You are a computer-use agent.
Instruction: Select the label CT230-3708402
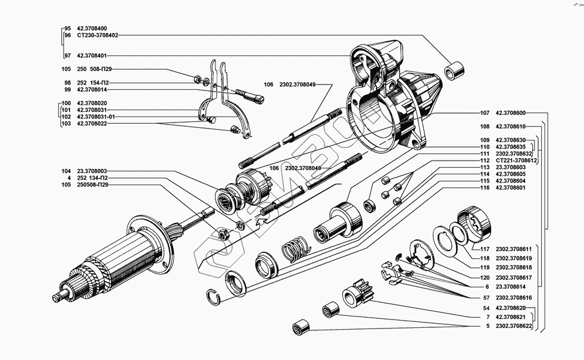(x=98, y=35)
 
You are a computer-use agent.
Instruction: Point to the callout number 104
(x=66, y=171)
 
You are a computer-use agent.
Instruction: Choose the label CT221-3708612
(x=516, y=161)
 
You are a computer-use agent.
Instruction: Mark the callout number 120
(x=485, y=277)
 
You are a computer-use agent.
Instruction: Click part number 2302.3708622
(x=515, y=327)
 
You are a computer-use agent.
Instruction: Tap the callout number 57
(x=486, y=297)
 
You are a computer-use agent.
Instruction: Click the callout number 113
(x=485, y=167)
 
